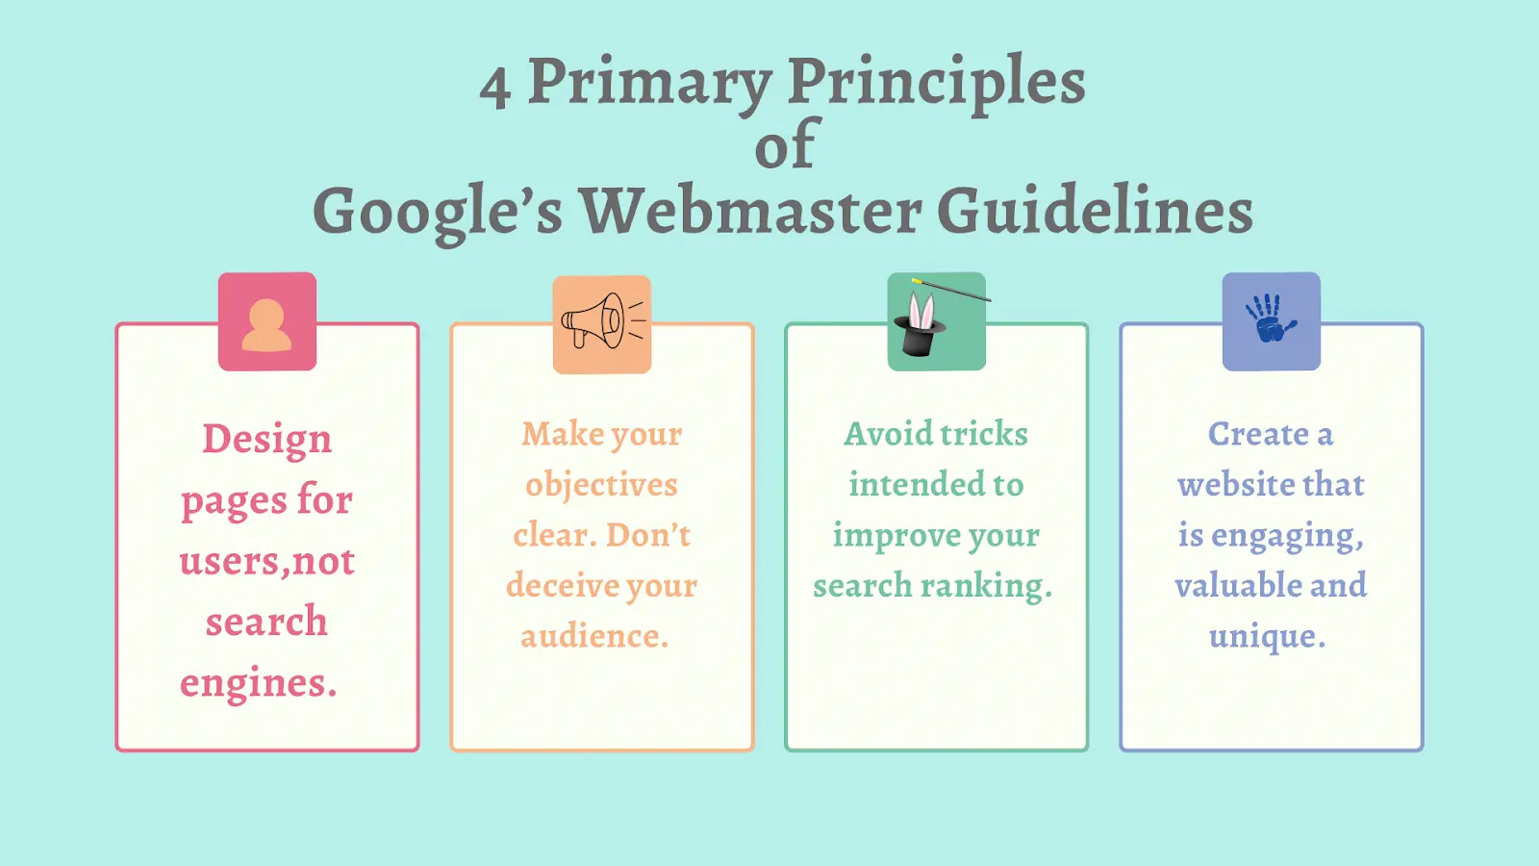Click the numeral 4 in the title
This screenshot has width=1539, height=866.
494,89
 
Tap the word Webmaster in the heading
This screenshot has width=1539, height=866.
749,210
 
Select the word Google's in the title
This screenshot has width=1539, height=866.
438,214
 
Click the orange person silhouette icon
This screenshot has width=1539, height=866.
266,326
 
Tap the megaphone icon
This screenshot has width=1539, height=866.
602,321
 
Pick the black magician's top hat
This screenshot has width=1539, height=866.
920,336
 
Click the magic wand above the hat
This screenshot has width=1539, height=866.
951,290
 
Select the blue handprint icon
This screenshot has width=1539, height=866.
1271,318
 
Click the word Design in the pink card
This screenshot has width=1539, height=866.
266,439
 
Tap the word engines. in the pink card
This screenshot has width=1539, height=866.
259,683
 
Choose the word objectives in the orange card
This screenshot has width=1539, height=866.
602,485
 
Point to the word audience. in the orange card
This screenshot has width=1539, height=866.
594,635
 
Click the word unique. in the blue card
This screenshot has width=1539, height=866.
1267,637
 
